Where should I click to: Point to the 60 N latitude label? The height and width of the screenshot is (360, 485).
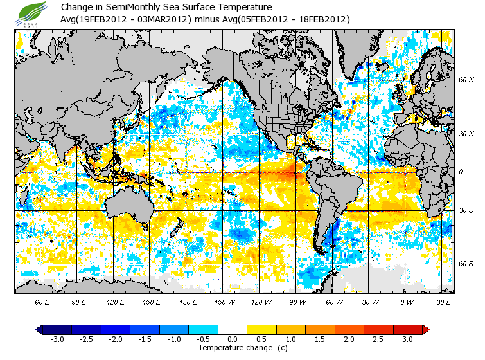(x=465, y=80)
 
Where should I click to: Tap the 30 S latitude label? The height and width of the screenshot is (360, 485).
(x=465, y=210)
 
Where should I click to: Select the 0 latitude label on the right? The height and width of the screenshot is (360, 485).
(x=461, y=172)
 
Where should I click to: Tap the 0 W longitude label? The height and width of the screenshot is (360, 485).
(x=405, y=301)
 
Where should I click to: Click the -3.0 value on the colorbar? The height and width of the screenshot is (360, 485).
(x=57, y=339)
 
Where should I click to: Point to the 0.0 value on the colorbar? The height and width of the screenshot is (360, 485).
(x=233, y=339)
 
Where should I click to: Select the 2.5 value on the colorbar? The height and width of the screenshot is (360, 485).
(x=378, y=339)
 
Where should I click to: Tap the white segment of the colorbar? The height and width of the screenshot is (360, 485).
(x=233, y=329)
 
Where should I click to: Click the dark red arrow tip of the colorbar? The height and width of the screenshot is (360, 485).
(x=426, y=329)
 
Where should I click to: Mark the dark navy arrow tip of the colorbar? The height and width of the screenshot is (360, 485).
(x=39, y=329)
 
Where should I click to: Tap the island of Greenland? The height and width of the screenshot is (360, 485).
(x=360, y=51)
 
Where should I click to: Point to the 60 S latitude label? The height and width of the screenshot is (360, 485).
(x=465, y=263)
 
